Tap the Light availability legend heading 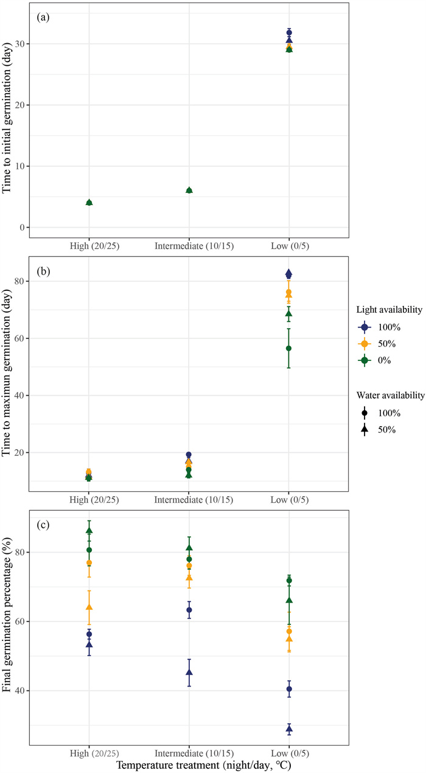pos(389,310)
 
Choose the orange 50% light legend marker pos(365,343)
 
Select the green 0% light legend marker pos(365,360)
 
